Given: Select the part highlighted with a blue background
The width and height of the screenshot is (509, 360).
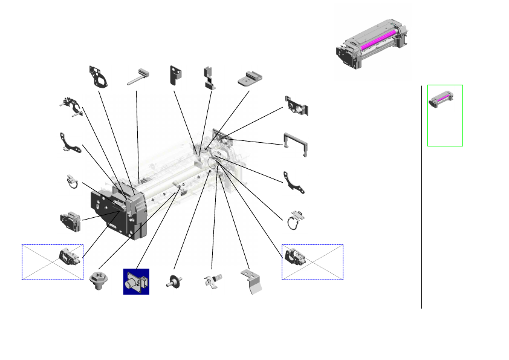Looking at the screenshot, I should [x=136, y=281].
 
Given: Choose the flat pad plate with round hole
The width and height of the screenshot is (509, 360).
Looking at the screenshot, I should [x=250, y=78].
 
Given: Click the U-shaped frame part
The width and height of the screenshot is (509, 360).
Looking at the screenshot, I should [x=296, y=142].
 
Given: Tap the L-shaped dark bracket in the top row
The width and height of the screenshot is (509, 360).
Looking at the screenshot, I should [x=177, y=75].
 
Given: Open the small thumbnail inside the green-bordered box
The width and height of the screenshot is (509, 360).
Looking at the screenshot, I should [x=445, y=99].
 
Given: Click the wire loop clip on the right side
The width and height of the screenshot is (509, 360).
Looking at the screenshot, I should [x=296, y=219].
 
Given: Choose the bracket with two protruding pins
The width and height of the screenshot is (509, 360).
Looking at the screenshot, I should [x=72, y=106].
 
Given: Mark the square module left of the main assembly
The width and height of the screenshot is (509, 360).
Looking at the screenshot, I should [x=70, y=220].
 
